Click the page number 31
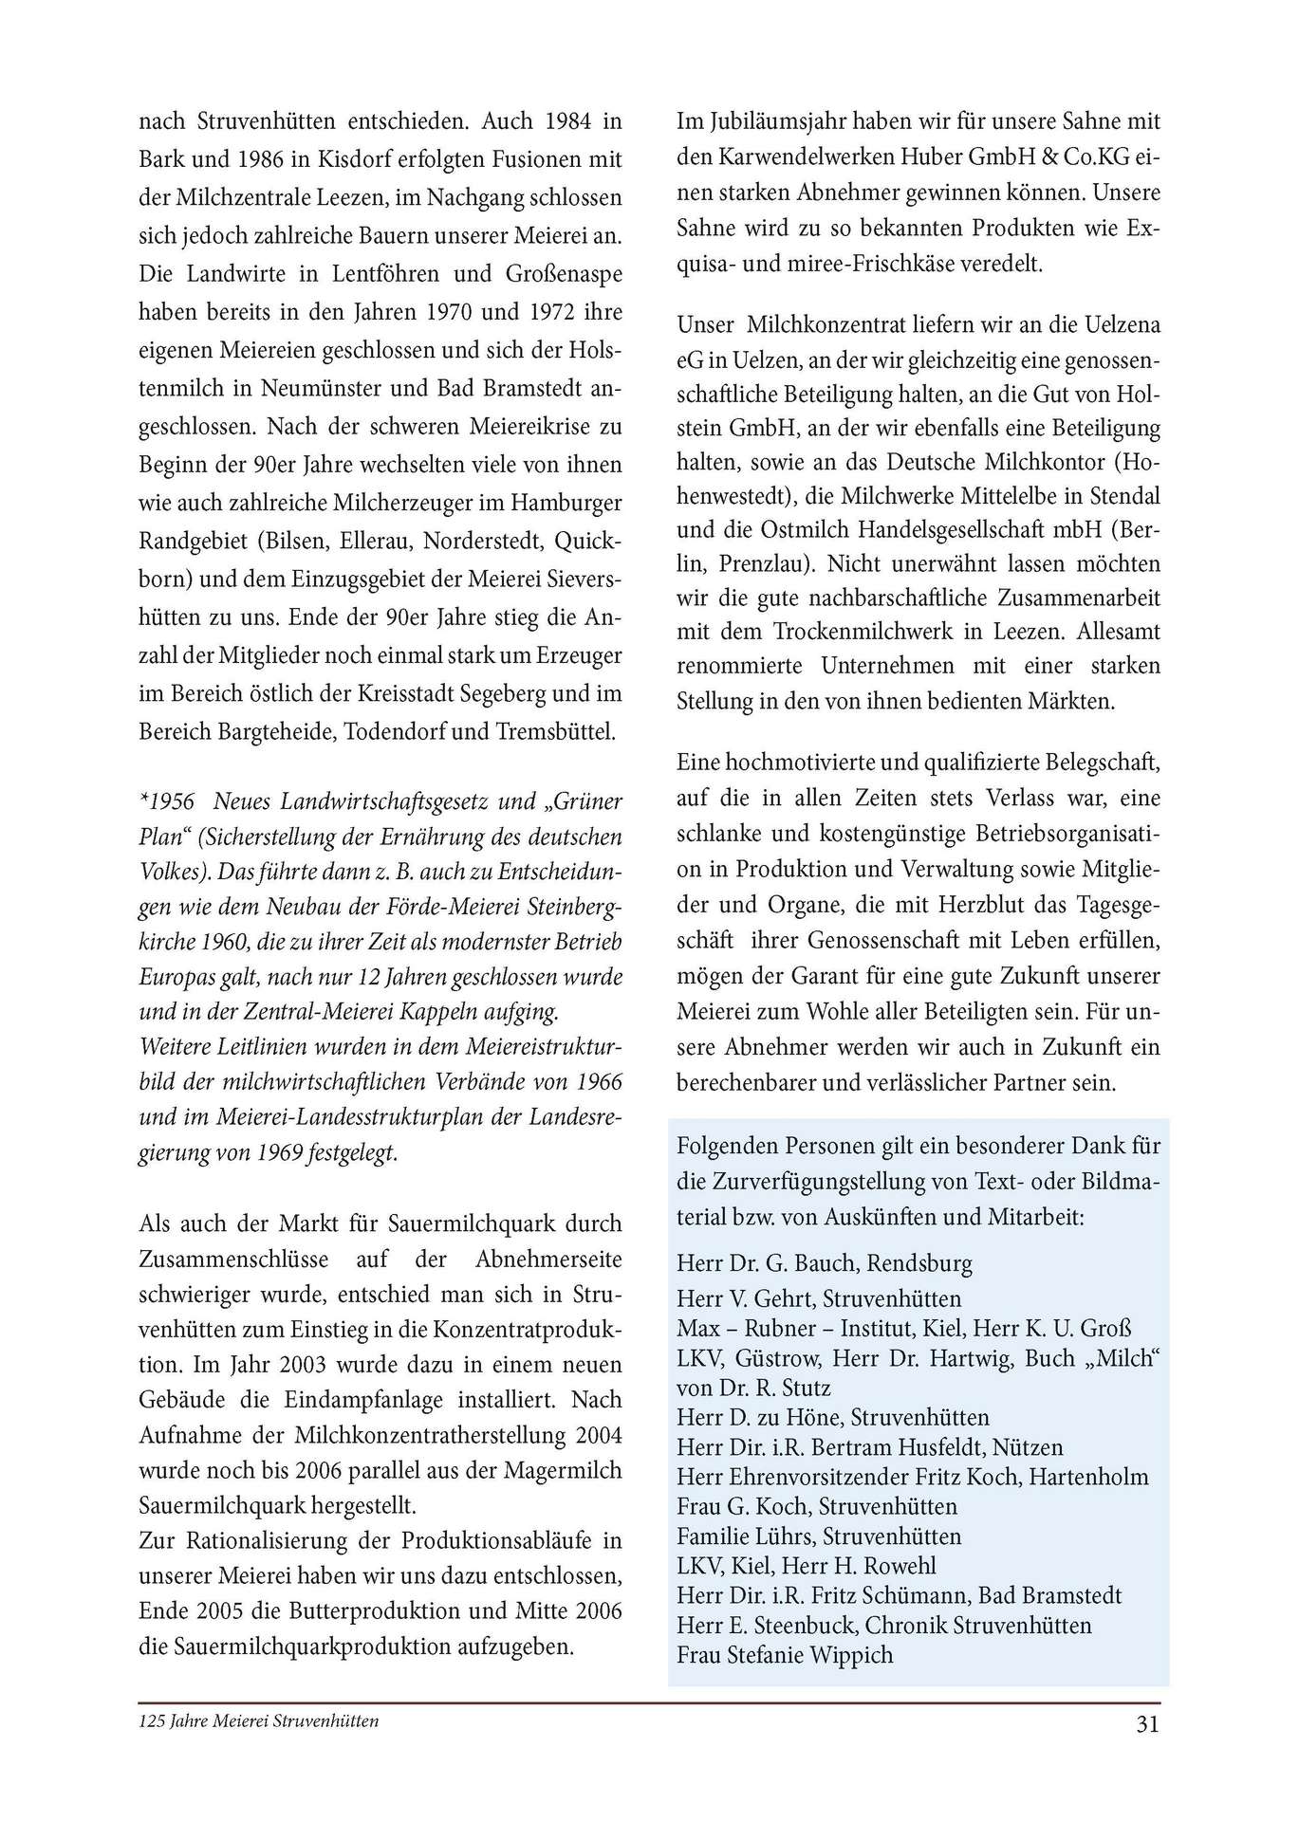tap(1147, 1723)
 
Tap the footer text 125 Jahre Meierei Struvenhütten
tap(259, 1720)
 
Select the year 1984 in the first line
tap(570, 121)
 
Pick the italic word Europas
tap(178, 976)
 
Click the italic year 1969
tap(278, 1154)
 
